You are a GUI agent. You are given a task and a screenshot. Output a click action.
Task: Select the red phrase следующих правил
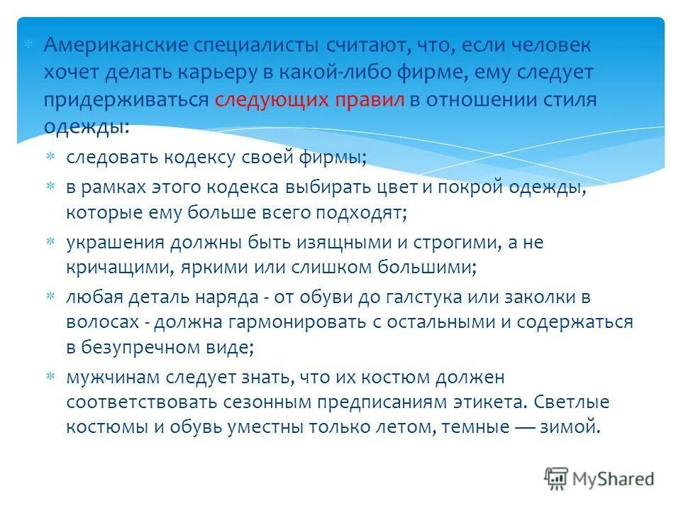click(x=309, y=99)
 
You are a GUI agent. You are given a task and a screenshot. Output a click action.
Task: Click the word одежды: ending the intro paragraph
click(x=87, y=126)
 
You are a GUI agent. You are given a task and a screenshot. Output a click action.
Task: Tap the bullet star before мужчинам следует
click(x=50, y=376)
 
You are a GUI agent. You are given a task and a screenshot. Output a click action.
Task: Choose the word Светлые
click(x=570, y=402)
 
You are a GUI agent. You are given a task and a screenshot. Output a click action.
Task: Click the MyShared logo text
click(x=614, y=479)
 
